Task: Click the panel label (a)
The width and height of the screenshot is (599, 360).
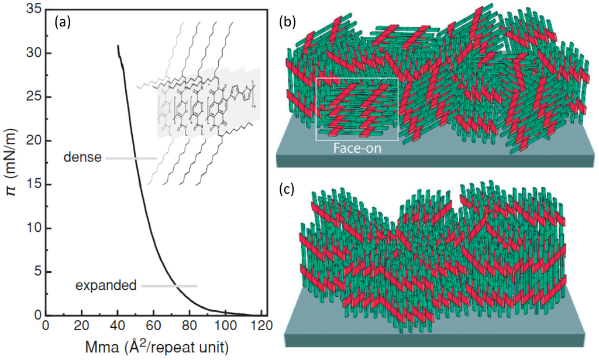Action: coord(63,23)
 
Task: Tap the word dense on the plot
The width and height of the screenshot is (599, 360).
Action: coord(82,157)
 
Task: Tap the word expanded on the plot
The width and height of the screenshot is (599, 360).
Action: coord(106,286)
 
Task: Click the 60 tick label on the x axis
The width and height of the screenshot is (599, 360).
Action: coord(153,325)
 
